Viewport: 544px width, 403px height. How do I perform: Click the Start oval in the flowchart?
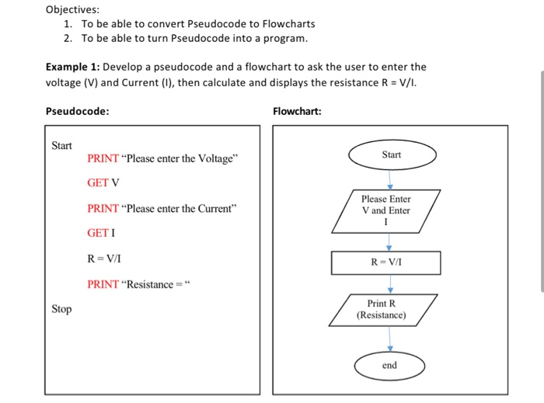pos(391,155)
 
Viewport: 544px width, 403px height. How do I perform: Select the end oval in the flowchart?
pos(389,366)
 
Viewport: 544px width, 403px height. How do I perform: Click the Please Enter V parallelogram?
pos(386,210)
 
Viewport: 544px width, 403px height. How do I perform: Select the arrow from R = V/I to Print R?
pos(390,283)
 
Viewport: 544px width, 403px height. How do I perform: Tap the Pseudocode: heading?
pos(77,111)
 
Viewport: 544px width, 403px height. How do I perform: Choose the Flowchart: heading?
pos(297,111)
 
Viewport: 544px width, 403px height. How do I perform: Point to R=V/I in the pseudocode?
pos(103,259)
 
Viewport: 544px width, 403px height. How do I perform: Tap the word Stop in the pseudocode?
pos(61,309)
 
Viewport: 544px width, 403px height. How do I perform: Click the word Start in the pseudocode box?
pos(61,145)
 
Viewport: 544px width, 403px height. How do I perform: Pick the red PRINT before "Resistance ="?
pos(103,284)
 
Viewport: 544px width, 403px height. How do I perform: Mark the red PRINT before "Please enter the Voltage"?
pos(103,159)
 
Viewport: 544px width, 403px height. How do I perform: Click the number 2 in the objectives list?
pos(68,38)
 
